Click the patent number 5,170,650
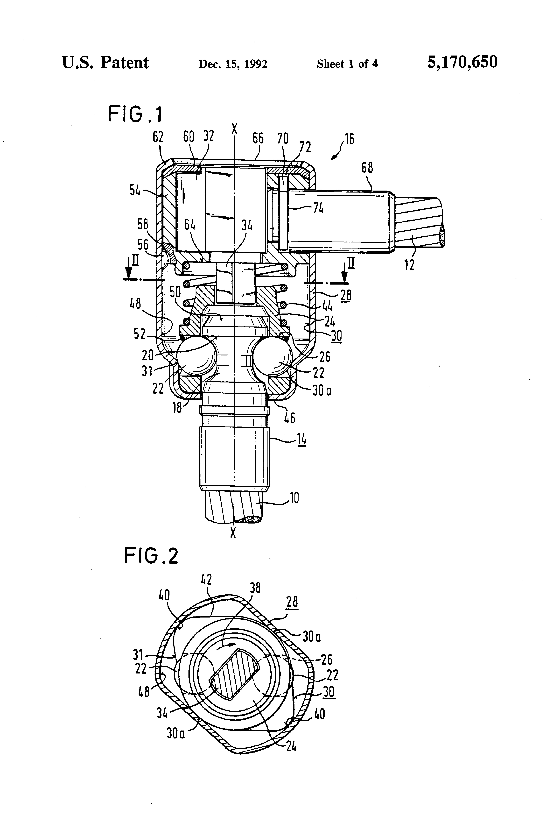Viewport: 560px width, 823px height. click(x=462, y=62)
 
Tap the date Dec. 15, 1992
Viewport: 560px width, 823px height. click(x=233, y=64)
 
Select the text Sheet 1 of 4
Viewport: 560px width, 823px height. click(x=347, y=64)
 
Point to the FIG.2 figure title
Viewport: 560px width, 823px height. click(x=151, y=555)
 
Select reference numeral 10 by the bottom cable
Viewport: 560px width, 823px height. click(x=294, y=498)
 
